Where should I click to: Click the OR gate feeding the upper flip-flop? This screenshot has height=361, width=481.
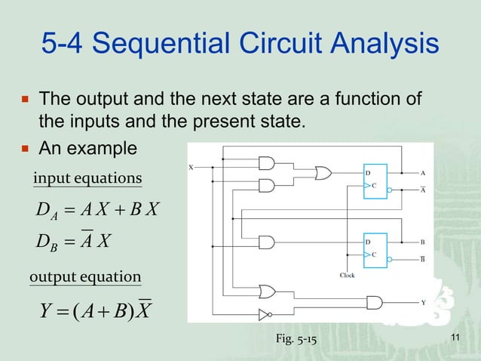[x=323, y=173]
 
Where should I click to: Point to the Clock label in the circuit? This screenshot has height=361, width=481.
[x=348, y=276]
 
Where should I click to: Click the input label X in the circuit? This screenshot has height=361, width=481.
[x=191, y=167]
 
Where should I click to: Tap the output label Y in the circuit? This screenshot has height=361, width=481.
[x=423, y=302]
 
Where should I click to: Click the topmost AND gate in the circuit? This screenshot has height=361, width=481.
[x=266, y=162]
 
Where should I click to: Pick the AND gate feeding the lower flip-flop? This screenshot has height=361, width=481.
[x=266, y=242]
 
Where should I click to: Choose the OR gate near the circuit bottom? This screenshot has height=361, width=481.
[x=266, y=292]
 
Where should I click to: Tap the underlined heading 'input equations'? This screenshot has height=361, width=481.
[x=87, y=178]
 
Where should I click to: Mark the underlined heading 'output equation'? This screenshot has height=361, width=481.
[x=84, y=278]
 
